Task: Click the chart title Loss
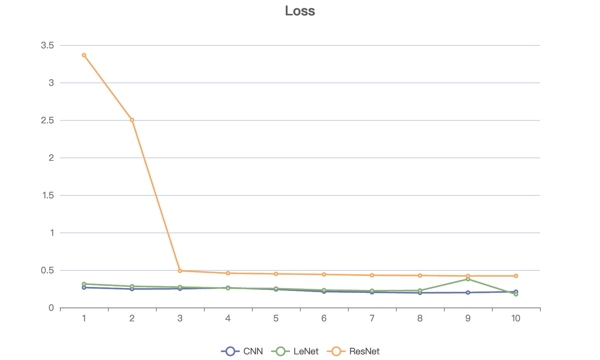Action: click(x=300, y=11)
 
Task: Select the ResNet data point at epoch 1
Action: click(x=84, y=55)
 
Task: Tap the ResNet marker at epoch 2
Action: click(x=132, y=120)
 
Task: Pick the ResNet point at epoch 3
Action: click(x=180, y=271)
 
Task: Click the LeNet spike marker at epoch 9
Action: click(x=468, y=279)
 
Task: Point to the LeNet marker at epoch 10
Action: click(x=516, y=294)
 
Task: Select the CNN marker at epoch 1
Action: click(x=84, y=288)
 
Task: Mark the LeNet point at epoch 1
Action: click(x=84, y=284)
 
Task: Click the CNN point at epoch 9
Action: click(x=468, y=292)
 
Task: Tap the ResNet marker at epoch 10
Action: click(x=516, y=276)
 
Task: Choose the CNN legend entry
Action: click(x=242, y=351)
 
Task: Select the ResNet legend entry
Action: click(x=354, y=351)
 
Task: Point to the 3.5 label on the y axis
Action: click(x=48, y=45)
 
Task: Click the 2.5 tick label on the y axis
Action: click(x=48, y=120)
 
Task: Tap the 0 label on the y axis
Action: click(x=51, y=308)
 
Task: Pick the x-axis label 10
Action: click(x=516, y=318)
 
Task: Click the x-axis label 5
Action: click(x=276, y=318)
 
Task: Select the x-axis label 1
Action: click(x=84, y=318)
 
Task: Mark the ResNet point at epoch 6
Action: click(x=324, y=274)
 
